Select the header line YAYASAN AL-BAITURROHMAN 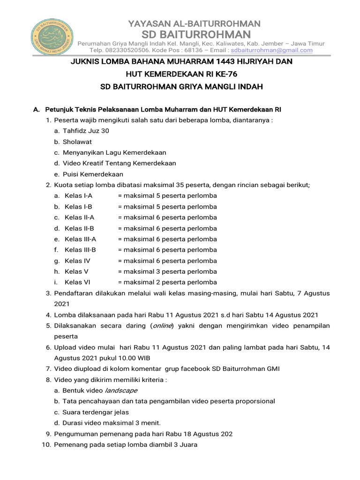click(195, 23)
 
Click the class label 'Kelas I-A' click(78, 195)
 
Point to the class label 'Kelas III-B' click(80, 250)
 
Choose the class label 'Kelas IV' click(77, 261)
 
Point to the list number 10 click(46, 444)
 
